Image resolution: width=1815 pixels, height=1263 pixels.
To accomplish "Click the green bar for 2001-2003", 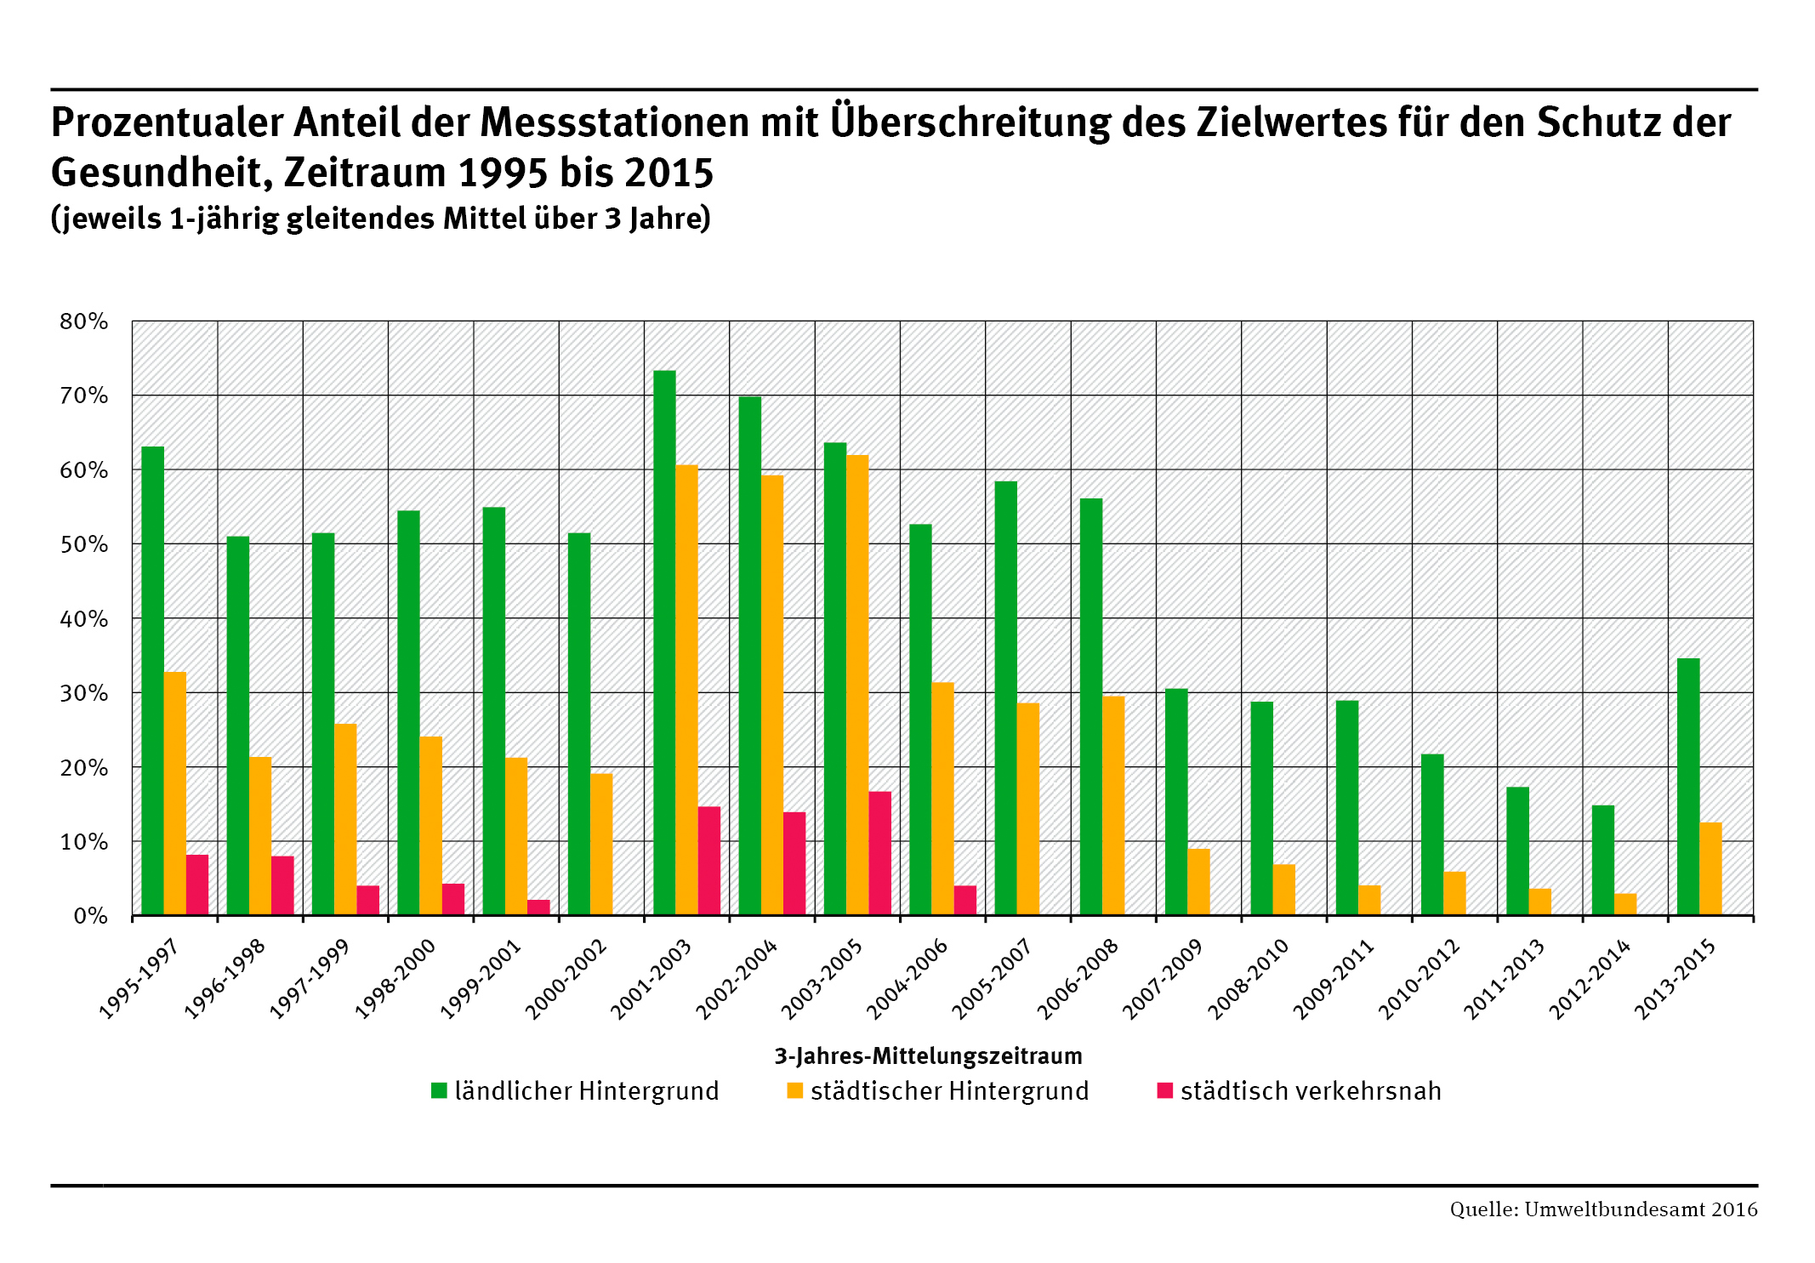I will (664, 643).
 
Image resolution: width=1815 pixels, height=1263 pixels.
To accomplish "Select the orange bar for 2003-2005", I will (857, 686).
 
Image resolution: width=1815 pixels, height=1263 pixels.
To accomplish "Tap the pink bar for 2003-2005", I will (879, 853).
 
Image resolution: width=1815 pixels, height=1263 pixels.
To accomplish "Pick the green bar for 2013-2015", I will (1688, 787).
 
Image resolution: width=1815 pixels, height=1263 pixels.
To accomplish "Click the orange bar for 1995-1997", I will (175, 794).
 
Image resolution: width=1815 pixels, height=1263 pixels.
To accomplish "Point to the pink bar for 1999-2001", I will (538, 907).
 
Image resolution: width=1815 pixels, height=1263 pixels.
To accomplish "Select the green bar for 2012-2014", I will (1602, 860).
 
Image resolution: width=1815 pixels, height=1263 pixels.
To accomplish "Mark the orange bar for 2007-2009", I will (1198, 882).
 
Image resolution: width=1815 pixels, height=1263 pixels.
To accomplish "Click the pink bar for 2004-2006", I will (965, 900).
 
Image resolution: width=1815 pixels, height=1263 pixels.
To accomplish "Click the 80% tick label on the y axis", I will (84, 321).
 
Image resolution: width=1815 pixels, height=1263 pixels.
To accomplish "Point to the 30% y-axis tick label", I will (84, 693).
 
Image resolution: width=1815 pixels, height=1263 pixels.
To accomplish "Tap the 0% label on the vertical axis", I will (90, 916).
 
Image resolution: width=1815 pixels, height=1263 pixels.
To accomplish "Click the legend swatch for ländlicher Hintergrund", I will (439, 1090).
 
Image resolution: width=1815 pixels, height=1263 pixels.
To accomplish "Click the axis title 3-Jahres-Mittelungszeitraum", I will (928, 1056).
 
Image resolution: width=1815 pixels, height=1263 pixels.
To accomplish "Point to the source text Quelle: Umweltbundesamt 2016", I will (1603, 1209).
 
